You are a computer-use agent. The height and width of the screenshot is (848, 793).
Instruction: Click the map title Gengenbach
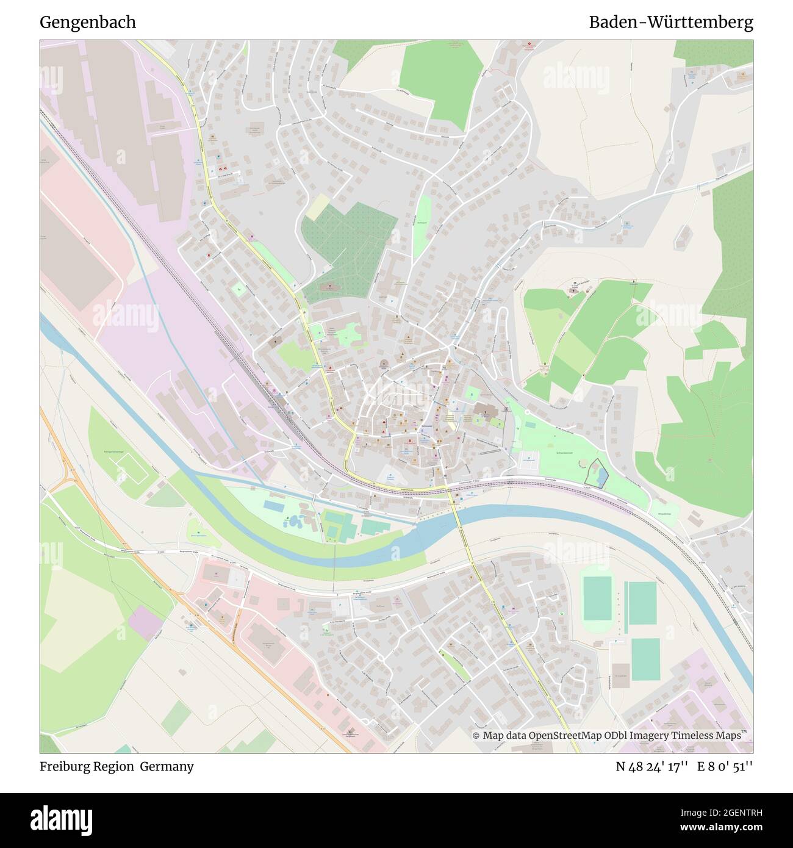(88, 23)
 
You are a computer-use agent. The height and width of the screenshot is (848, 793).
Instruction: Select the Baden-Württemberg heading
(670, 23)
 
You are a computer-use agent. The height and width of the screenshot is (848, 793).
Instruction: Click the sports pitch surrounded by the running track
(597, 598)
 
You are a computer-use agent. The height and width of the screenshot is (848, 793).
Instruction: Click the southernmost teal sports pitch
(645, 659)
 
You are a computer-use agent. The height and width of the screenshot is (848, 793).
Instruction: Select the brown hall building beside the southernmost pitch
(621, 677)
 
